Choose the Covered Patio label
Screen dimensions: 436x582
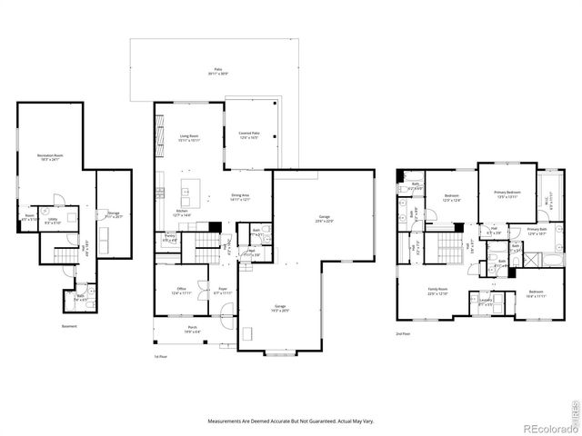(x=249, y=135)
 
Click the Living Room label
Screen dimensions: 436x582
(x=189, y=138)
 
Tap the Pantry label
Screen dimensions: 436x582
(x=170, y=238)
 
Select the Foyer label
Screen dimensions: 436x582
(x=222, y=291)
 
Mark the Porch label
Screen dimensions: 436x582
(x=192, y=330)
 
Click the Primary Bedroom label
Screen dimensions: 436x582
(x=507, y=194)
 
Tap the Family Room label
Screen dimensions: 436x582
(x=439, y=292)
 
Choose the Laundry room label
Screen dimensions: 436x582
(x=487, y=303)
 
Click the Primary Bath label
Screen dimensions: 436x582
(x=537, y=231)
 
